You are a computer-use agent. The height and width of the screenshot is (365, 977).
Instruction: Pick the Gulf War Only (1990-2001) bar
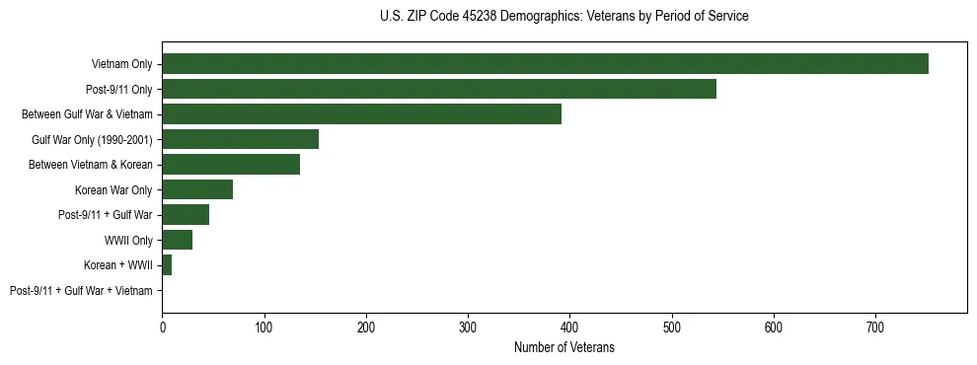240,139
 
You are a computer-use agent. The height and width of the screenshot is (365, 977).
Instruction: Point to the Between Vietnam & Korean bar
231,165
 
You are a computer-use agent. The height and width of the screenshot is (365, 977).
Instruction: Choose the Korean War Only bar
197,189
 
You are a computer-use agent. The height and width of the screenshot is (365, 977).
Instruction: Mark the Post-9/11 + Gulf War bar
186,215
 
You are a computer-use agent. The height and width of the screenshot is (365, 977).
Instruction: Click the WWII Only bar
177,240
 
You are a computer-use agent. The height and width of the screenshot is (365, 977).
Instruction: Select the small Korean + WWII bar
167,265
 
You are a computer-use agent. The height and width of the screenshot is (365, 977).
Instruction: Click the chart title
564,17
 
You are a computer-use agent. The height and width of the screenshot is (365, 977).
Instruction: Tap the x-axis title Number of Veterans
564,347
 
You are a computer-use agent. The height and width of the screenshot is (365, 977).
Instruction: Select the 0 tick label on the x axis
162,328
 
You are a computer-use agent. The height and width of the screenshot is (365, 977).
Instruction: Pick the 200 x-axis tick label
366,328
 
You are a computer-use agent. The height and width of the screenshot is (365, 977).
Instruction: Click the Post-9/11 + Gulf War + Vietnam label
81,291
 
